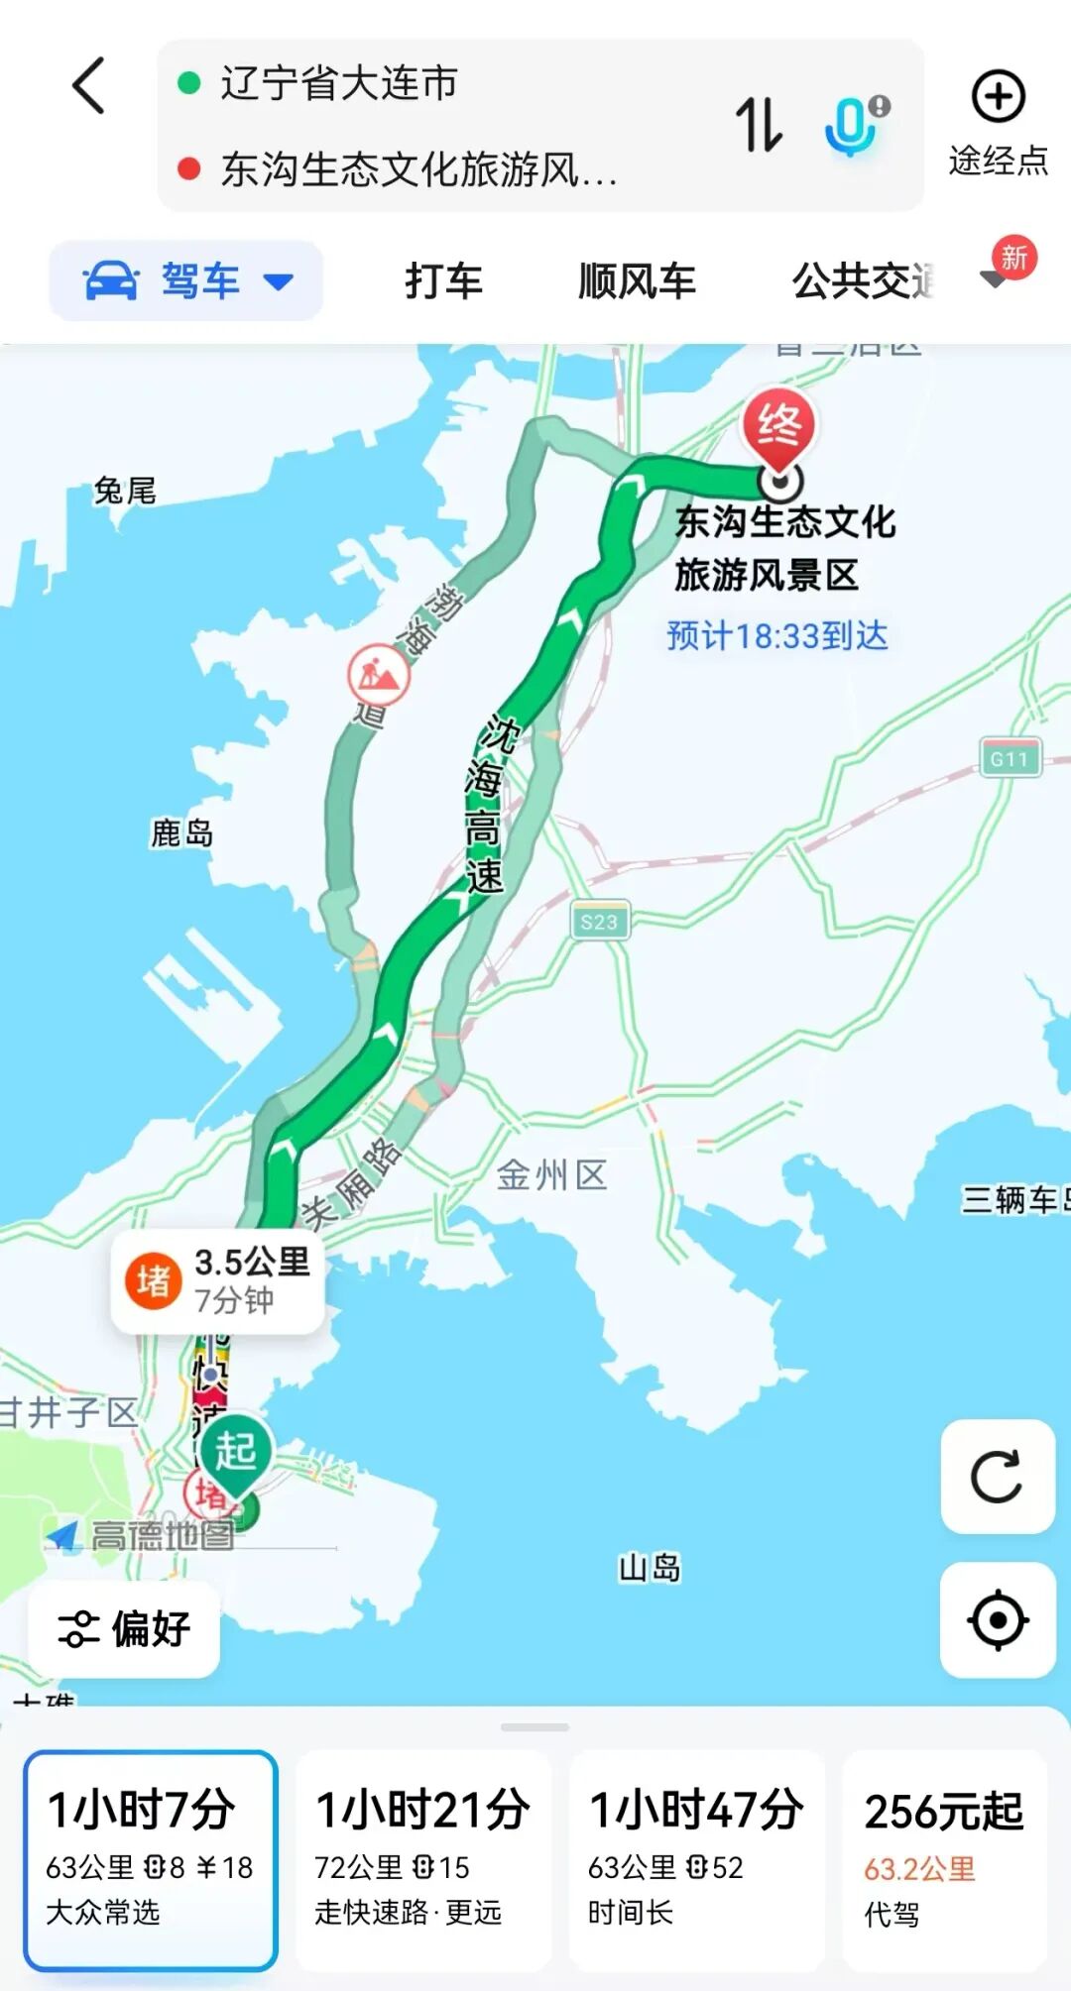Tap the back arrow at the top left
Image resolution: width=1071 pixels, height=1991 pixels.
89,85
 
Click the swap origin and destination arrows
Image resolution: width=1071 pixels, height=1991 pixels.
759,125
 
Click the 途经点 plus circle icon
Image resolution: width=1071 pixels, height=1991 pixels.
998,97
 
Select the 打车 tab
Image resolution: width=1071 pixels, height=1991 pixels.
443,281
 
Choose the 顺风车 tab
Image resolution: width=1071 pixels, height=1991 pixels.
637,281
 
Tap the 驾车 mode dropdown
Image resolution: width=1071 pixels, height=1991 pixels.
186,281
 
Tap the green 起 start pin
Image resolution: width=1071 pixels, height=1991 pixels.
236,1453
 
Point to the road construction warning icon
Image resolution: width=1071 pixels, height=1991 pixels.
378,675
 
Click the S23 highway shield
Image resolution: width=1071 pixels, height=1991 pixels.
599,922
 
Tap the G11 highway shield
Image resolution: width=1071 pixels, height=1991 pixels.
1010,759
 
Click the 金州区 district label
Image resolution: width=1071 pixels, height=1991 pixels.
551,1176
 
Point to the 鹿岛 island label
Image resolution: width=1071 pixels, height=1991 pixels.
181,833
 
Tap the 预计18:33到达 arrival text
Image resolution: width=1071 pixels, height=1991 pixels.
776,636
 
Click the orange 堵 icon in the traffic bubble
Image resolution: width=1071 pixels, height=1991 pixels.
153,1280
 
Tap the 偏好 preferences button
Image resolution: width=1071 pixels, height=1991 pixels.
124,1628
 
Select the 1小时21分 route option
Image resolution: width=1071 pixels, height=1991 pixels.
423,1859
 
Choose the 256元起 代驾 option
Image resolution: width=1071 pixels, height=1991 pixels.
944,1859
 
